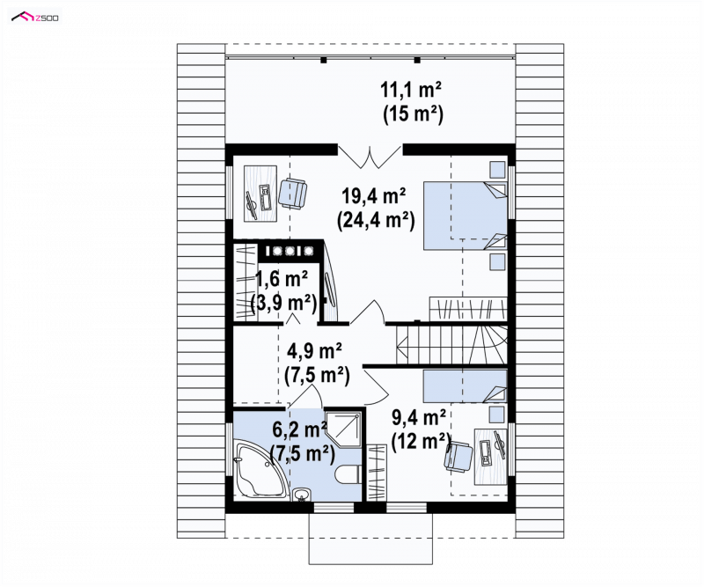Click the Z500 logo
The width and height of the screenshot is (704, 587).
35,17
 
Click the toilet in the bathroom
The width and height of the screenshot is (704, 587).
348,473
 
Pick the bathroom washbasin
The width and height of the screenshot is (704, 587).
301,494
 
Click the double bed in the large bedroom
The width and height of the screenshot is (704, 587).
466,215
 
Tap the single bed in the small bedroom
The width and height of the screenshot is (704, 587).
466,385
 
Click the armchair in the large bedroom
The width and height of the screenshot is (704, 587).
293,193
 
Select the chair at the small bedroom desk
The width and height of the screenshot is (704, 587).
458,456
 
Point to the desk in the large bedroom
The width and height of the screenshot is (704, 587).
260,194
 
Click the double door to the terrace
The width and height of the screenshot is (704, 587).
370,157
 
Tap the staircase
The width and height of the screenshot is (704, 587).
452,344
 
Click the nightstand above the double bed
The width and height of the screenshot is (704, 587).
497,169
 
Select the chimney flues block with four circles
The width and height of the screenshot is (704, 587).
290,251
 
